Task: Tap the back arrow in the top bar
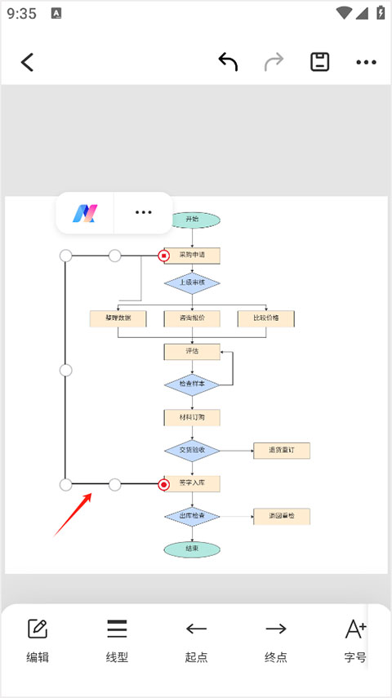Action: click(x=28, y=62)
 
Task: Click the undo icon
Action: click(x=228, y=62)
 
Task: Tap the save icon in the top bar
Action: click(x=319, y=62)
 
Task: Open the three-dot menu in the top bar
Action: click(x=366, y=62)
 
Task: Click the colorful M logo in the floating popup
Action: click(x=84, y=213)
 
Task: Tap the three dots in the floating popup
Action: click(x=144, y=213)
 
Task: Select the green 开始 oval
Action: click(x=192, y=219)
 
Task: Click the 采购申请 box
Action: click(x=193, y=256)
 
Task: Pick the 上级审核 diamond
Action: click(x=192, y=283)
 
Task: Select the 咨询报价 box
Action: click(x=192, y=318)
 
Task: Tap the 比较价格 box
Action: click(x=265, y=318)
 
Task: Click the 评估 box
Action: click(x=192, y=351)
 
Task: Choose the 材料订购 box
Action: click(x=192, y=417)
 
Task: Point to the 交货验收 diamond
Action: click(x=192, y=450)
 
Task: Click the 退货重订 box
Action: click(x=282, y=450)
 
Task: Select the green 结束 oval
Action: click(x=192, y=549)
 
